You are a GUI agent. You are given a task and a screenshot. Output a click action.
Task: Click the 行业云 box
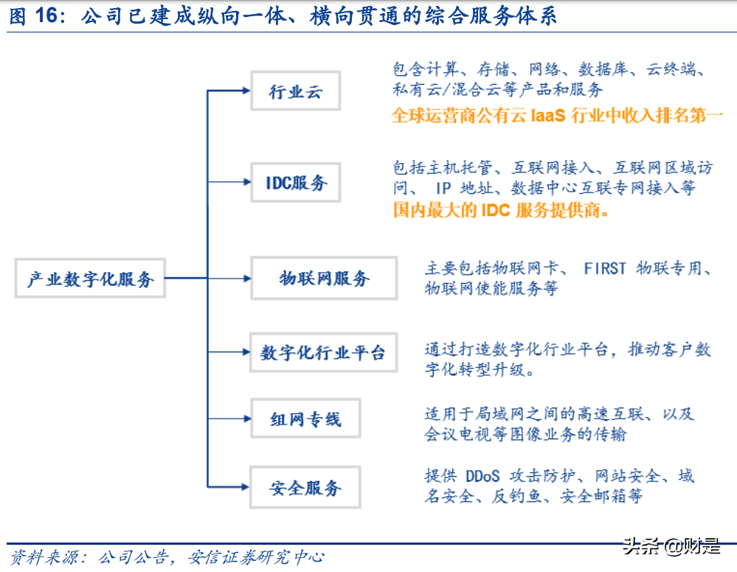pos(295,91)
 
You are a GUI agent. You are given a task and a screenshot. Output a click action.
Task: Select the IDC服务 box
pos(295,182)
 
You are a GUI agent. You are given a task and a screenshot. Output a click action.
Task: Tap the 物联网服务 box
pos(324,278)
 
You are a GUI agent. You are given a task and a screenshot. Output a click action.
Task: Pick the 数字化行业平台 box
pos(323,352)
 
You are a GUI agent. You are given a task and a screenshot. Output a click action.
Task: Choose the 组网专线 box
pos(305,419)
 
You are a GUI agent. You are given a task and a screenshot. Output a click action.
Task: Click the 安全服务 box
pos(305,487)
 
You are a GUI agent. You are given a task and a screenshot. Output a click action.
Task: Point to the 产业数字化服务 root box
pos(90,279)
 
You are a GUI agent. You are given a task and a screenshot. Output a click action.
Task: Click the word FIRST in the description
pos(605,268)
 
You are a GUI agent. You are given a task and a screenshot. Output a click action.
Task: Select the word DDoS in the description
pos(483,476)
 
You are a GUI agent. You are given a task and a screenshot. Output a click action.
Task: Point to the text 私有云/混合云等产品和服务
pos(498,90)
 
